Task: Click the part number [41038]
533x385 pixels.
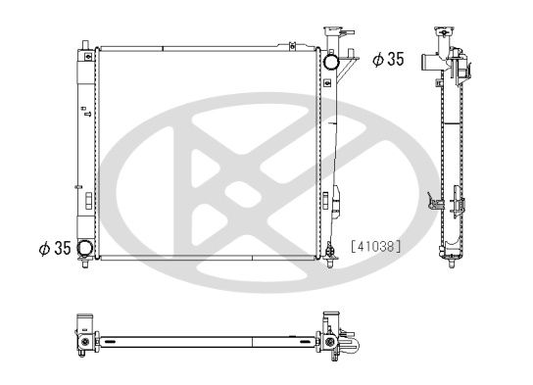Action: click(375, 247)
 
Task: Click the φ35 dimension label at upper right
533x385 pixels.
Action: click(388, 61)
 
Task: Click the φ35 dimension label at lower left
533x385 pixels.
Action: click(54, 248)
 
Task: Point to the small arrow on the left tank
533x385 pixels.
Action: click(86, 115)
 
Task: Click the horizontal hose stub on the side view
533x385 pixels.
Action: click(428, 63)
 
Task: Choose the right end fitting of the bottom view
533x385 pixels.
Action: click(342, 341)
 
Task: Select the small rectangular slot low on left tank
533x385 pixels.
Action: click(87, 201)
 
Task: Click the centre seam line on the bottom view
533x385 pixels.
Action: click(253, 341)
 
